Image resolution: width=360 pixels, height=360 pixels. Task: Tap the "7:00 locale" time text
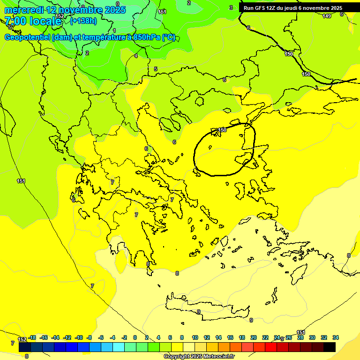click(x=33, y=21)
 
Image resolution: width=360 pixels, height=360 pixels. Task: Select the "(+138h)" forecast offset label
click(x=83, y=21)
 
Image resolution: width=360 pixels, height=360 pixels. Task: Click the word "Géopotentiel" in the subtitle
click(x=27, y=37)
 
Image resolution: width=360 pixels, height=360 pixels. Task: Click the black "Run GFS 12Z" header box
click(x=292, y=8)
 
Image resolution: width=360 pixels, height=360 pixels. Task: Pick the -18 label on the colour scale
click(x=32, y=337)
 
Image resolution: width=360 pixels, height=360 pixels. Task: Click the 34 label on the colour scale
click(x=336, y=337)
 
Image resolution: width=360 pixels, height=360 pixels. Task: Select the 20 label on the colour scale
click(x=254, y=337)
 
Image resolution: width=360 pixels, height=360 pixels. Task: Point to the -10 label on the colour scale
click(x=79, y=337)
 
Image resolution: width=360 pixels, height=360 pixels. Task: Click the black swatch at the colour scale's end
click(x=330, y=347)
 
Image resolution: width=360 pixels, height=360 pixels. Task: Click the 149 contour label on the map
click(x=327, y=16)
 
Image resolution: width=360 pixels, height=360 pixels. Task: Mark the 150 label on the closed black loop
click(x=222, y=130)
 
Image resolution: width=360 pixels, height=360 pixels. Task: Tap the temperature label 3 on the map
click(x=231, y=7)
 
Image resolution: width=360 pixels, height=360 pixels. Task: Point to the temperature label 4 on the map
click(x=136, y=56)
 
